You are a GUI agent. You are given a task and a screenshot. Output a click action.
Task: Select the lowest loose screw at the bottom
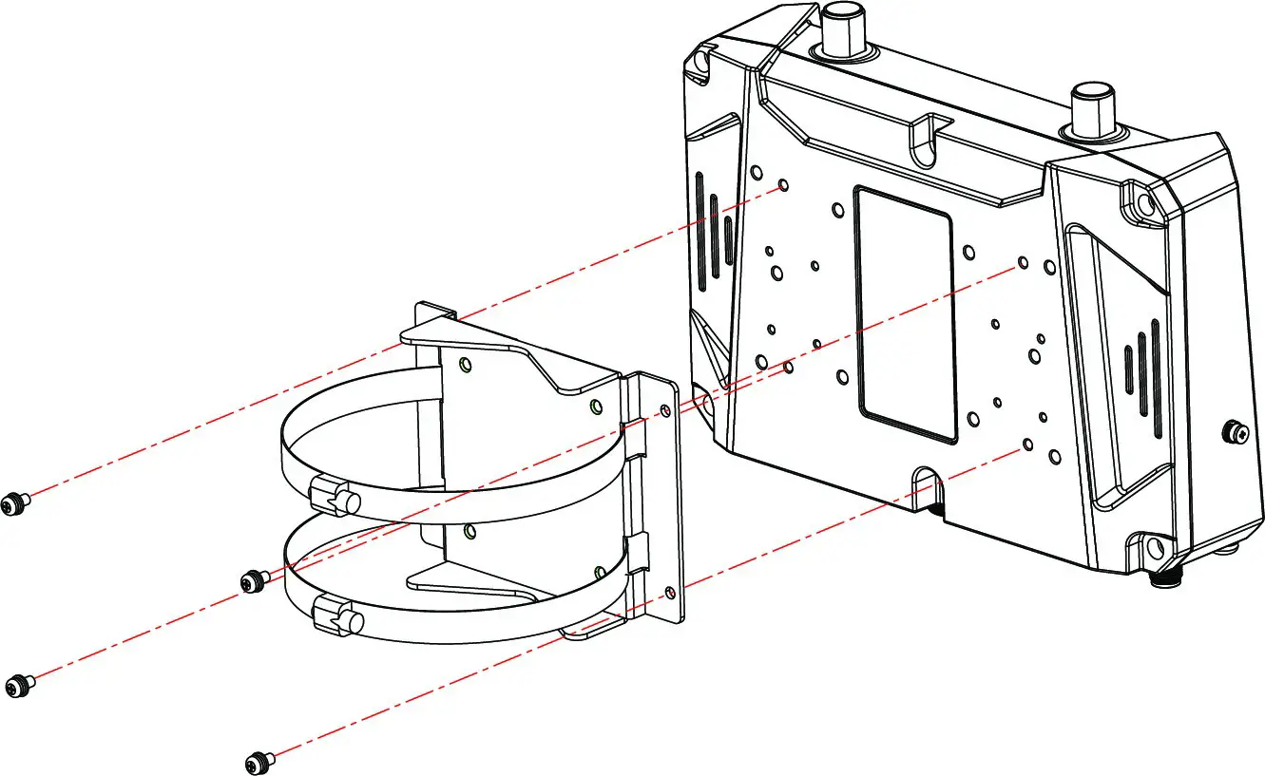256,761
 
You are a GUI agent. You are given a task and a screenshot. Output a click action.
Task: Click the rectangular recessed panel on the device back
905,313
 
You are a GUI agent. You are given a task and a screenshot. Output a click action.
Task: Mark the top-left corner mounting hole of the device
701,62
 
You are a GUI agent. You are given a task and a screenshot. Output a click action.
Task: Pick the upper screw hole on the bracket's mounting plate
664,409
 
